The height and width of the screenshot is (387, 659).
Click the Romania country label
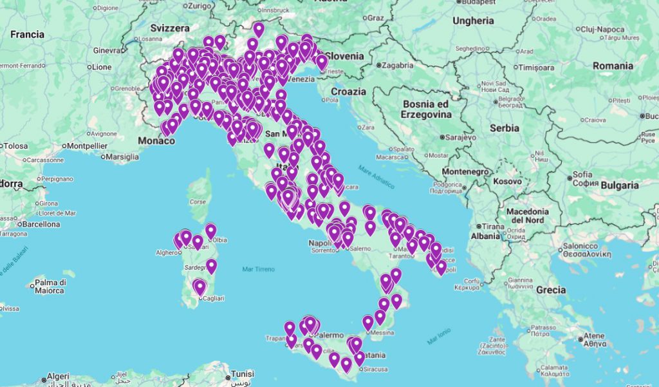[613, 66]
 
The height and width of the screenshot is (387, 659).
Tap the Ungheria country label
[473, 21]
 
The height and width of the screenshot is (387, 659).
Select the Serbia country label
[504, 128]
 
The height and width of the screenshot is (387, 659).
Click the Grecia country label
[551, 290]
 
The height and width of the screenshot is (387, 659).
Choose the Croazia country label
[348, 91]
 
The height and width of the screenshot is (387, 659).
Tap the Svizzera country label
[170, 28]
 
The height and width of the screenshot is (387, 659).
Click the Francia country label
[27, 34]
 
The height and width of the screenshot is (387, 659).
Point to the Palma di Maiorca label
[51, 286]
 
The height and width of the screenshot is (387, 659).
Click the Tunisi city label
[243, 374]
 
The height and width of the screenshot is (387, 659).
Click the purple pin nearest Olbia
[210, 231]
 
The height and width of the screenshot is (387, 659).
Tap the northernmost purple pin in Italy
[258, 29]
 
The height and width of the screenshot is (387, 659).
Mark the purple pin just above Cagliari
[200, 287]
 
